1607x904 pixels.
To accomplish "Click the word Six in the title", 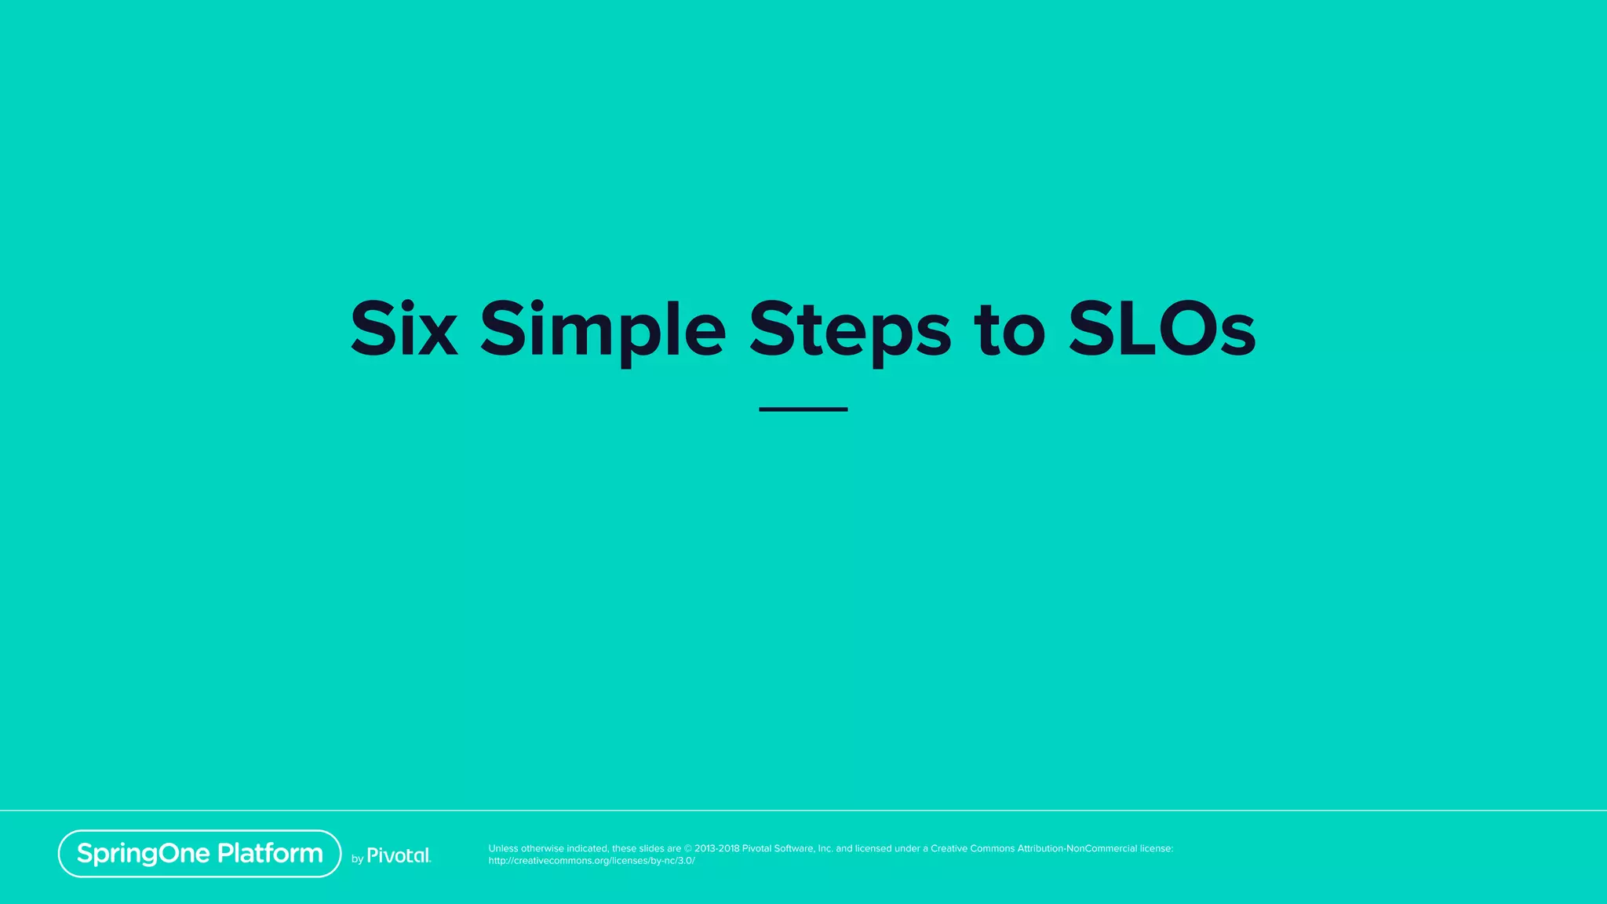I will click(x=403, y=329).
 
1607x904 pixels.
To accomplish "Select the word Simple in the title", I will click(x=603, y=330).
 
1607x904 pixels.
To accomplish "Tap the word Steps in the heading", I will click(x=850, y=330).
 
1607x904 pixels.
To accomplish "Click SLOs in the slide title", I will click(x=1161, y=329).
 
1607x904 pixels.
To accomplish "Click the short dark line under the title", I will click(x=803, y=409).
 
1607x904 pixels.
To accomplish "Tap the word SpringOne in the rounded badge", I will click(x=144, y=854).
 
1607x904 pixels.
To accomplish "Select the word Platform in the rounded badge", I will click(x=270, y=853).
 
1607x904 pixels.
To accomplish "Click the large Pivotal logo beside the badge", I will click(x=399, y=855).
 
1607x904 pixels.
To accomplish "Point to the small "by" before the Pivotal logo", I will click(x=357, y=859).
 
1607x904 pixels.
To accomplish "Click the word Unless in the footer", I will click(x=503, y=848).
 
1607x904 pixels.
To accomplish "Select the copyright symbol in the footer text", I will click(x=688, y=848).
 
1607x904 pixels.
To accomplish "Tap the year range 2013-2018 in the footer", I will click(x=716, y=848).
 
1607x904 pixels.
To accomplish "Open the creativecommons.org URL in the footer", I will click(x=592, y=861).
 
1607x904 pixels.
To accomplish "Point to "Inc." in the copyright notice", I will click(x=825, y=848).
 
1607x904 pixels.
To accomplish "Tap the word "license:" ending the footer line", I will click(x=1157, y=848).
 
